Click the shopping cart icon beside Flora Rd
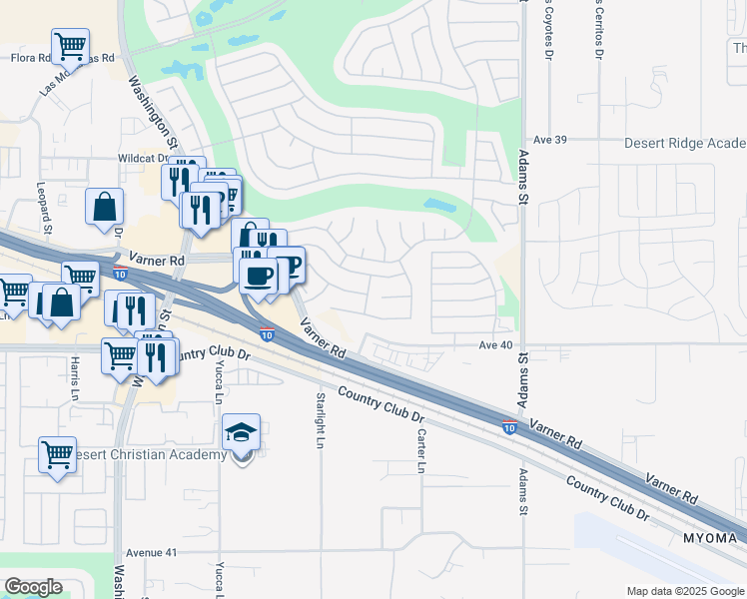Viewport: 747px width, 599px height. (70, 46)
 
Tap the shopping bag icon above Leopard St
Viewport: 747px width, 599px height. (104, 208)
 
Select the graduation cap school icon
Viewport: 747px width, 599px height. (241, 432)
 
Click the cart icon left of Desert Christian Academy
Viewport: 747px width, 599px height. (58, 455)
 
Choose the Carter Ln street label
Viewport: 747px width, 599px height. (421, 451)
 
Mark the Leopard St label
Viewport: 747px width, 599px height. (42, 204)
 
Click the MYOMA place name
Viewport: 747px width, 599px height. (710, 538)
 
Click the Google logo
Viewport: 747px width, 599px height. (33, 587)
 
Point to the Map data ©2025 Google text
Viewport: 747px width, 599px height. (684, 591)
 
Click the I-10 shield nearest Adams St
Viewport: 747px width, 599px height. (508, 428)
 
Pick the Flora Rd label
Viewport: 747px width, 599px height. (30, 58)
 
